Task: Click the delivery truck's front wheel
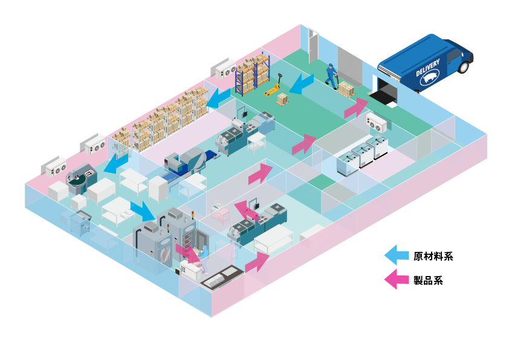click(463, 66)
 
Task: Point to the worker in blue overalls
click(331, 74)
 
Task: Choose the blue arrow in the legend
click(397, 256)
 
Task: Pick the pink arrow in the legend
click(397, 279)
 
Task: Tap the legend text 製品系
click(428, 280)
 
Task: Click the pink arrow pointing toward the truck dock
click(356, 107)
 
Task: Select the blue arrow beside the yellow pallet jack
click(301, 83)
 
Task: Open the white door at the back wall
click(313, 45)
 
